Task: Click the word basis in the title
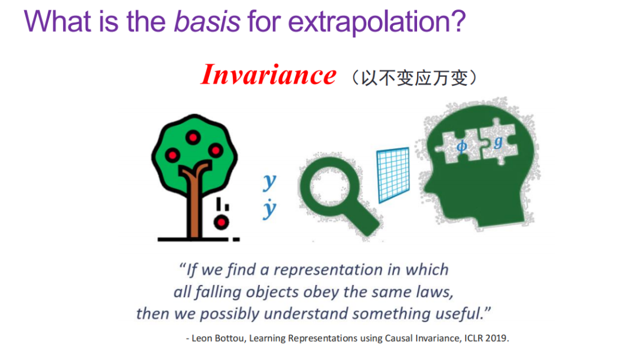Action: coord(207,21)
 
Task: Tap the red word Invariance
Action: coord(269,75)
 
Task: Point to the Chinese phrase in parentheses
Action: coord(415,77)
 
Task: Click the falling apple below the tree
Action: coord(222,222)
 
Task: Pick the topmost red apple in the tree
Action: coord(193,138)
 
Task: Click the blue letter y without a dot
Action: coord(269,181)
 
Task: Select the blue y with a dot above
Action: coord(269,209)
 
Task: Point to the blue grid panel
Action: coord(393,175)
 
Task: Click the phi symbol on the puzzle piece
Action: coord(461,146)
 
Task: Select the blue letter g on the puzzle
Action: coord(498,142)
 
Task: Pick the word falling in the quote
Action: coord(219,293)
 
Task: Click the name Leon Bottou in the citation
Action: coord(219,338)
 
